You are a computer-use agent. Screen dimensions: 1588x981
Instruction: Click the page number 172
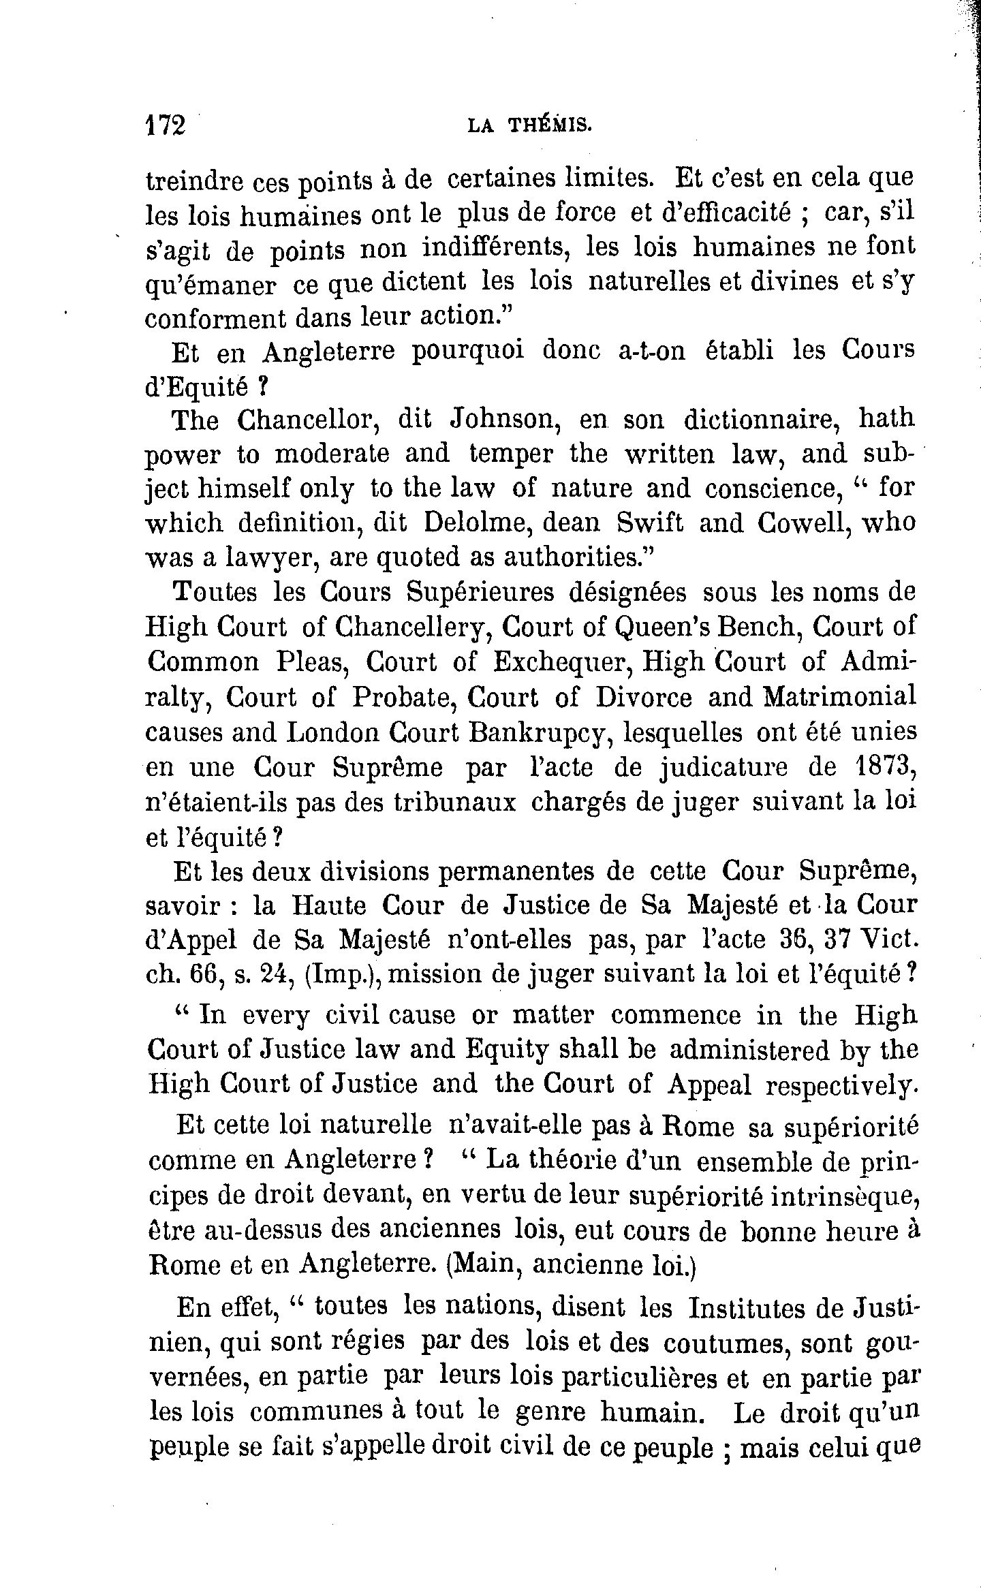pos(166,126)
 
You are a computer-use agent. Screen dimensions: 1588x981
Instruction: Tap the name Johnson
pos(505,419)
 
